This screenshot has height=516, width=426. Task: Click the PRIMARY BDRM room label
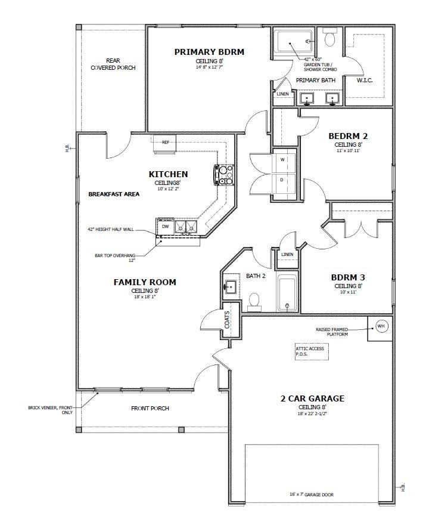tap(209, 52)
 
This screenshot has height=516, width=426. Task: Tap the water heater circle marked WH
tap(381, 326)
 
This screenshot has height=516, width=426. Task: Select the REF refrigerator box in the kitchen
tap(165, 143)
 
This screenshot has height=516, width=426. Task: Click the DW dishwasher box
tap(166, 226)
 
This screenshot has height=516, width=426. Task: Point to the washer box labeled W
tap(283, 160)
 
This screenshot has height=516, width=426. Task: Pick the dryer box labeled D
tap(283, 179)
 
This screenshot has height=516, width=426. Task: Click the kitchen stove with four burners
tap(225, 175)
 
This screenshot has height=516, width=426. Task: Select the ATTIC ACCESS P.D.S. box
tap(310, 351)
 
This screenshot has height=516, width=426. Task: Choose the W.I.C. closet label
tap(364, 81)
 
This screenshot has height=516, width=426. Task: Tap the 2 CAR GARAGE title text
tap(312, 398)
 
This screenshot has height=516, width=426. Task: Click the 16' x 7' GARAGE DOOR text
tap(311, 495)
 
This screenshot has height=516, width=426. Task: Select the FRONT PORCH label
tap(150, 409)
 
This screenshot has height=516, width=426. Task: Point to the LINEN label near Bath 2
tap(287, 255)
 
